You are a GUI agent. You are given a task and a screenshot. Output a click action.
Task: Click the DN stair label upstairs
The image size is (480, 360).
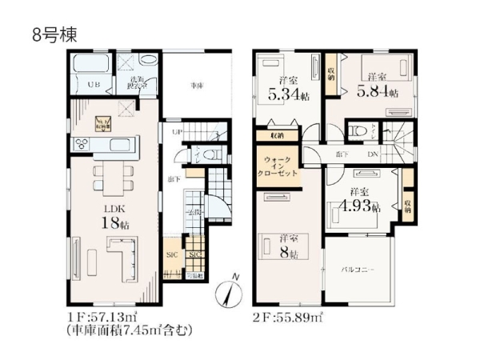click(373, 154)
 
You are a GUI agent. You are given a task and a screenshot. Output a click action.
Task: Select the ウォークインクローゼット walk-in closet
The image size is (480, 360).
click(277, 166)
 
